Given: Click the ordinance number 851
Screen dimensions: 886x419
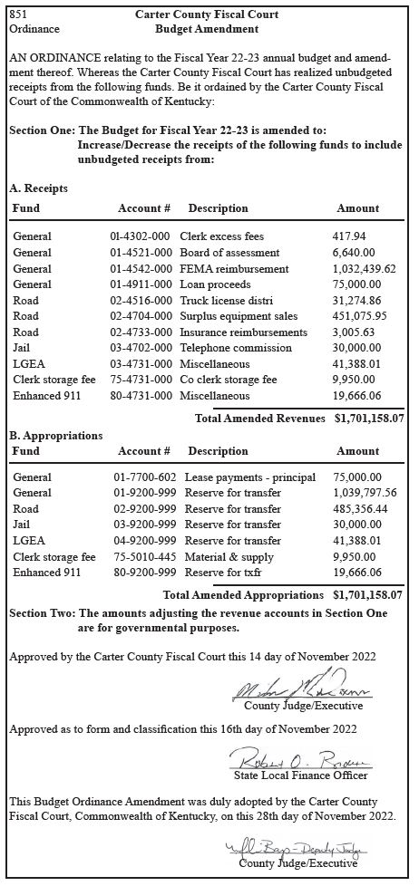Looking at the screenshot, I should pyautogui.click(x=19, y=14).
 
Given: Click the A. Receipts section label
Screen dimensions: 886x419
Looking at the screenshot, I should pyautogui.click(x=38, y=188).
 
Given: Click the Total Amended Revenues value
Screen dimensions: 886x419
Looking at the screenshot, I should pyautogui.click(x=369, y=419).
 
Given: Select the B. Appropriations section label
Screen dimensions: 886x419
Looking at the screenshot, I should pyautogui.click(x=55, y=436).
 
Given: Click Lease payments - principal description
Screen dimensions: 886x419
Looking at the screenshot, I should pyautogui.click(x=249, y=477).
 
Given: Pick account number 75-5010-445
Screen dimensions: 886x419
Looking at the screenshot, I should pyautogui.click(x=143, y=557).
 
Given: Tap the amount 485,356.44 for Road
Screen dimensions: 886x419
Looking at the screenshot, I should pyautogui.click(x=360, y=509).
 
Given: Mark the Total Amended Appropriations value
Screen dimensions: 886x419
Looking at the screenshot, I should pyautogui.click(x=369, y=595).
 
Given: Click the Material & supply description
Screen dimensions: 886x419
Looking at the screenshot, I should pyautogui.click(x=227, y=557).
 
